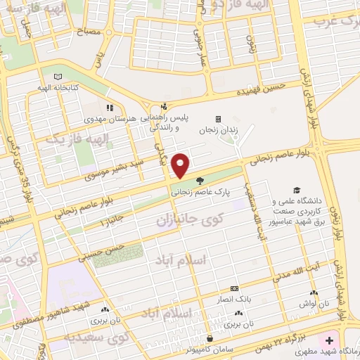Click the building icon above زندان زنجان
(x=218, y=119)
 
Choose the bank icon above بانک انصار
(x=234, y=288)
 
